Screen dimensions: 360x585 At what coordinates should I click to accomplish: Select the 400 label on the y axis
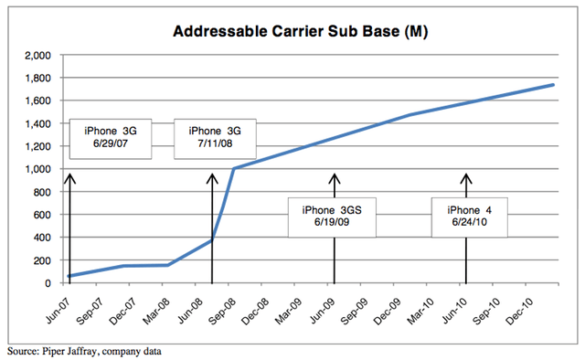tap(42, 238)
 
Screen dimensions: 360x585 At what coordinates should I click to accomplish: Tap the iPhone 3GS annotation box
tap(331, 217)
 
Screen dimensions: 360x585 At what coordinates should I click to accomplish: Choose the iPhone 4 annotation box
tap(468, 217)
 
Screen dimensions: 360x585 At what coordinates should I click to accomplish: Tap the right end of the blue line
tap(553, 85)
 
